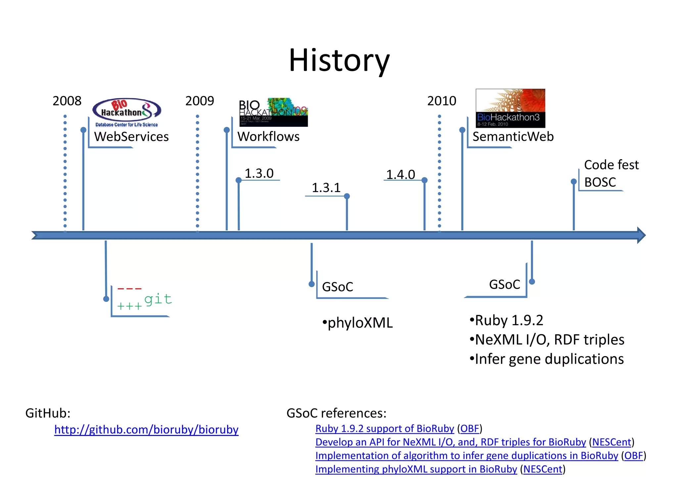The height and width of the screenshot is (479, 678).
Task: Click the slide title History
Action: point(339,60)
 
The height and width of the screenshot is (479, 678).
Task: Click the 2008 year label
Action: point(67,101)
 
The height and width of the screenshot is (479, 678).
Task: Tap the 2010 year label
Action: point(441,101)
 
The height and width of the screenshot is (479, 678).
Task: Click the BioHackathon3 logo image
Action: point(510,108)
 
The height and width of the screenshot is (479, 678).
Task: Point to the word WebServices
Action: point(131,136)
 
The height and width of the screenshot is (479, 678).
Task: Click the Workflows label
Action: point(268,136)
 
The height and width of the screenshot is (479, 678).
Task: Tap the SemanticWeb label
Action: point(513,136)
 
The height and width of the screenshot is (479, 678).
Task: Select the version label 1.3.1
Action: point(326,188)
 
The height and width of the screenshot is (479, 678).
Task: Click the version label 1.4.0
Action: point(401,174)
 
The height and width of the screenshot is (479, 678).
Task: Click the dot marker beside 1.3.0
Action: point(238,180)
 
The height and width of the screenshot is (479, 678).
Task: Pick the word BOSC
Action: point(600,182)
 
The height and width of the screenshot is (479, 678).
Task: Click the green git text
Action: point(158,299)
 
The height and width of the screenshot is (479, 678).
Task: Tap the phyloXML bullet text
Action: point(358,323)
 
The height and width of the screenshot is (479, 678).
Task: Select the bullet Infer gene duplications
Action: point(547,359)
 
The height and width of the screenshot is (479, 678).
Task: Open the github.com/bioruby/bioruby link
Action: point(146,429)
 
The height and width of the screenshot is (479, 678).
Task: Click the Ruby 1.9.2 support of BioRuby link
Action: point(384,428)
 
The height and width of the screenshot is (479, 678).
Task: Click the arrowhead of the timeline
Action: point(641,235)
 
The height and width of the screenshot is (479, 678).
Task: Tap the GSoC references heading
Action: point(336,413)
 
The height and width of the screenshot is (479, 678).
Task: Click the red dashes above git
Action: point(129,289)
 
